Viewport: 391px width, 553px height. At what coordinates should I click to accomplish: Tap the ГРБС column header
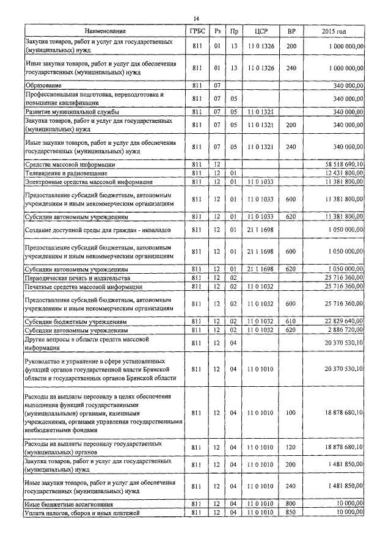tap(197, 31)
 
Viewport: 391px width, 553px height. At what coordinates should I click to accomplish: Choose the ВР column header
tap(291, 31)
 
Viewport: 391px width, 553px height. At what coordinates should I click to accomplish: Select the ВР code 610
tap(291, 321)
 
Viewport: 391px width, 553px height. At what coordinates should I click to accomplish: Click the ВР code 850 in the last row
tap(291, 513)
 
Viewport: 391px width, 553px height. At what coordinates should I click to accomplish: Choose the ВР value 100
tap(291, 414)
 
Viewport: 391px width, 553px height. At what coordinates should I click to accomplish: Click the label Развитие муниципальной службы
tap(72, 112)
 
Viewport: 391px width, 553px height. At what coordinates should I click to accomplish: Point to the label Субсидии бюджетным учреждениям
tap(76, 321)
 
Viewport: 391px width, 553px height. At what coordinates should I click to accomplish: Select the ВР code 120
tap(291, 447)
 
